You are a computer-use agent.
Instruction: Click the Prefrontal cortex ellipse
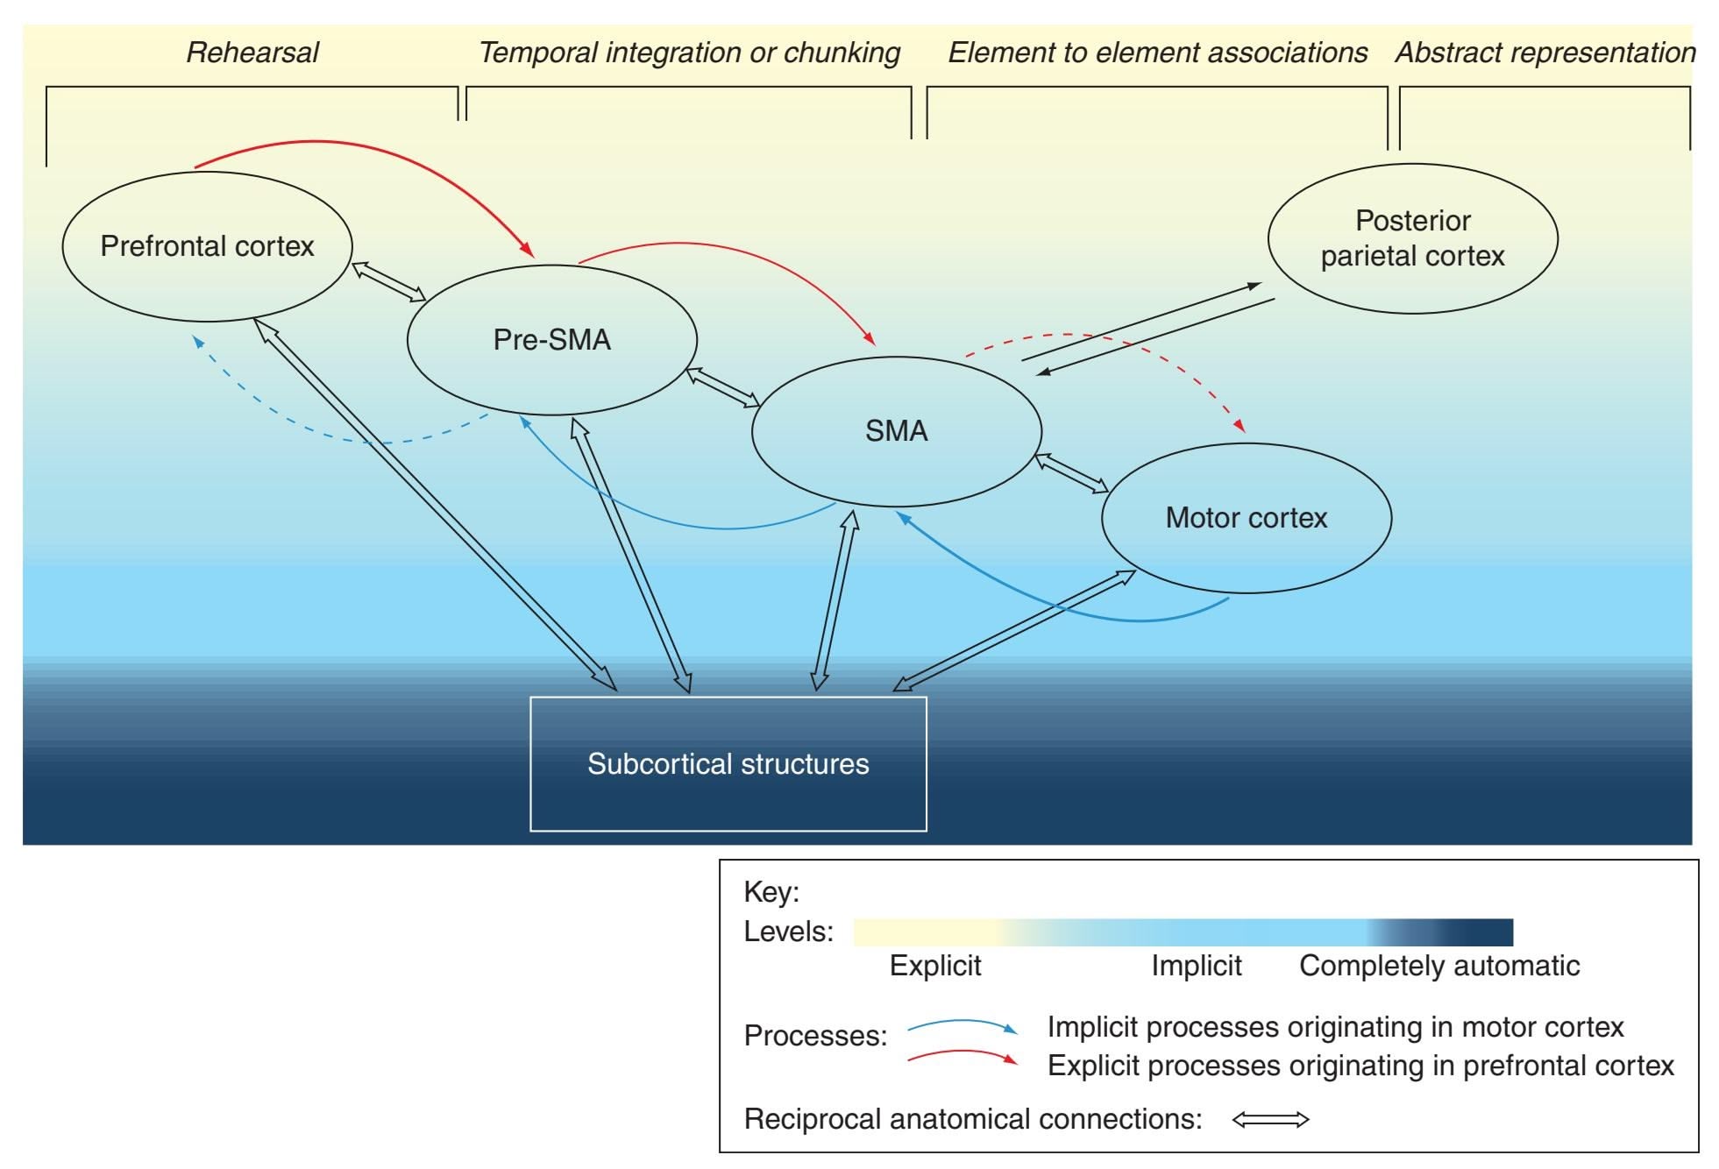point(207,246)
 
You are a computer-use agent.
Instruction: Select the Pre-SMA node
point(551,340)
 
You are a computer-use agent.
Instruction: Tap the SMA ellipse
point(896,431)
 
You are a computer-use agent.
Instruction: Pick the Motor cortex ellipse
point(1246,518)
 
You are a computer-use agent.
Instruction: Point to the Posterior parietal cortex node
point(1412,238)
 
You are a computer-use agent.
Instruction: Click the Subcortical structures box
point(728,763)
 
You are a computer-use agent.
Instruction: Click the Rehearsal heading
point(252,53)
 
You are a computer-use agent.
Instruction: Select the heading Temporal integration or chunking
point(689,53)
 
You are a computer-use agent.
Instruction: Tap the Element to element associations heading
point(1157,53)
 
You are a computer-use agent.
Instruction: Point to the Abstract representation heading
point(1545,53)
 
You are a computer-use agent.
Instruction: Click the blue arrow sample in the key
point(962,1025)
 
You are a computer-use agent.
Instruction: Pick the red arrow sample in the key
point(962,1055)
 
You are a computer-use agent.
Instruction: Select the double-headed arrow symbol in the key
point(1270,1119)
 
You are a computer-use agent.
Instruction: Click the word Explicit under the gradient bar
point(934,966)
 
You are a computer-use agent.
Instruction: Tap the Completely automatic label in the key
point(1438,966)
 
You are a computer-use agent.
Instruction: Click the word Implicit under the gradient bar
point(1196,966)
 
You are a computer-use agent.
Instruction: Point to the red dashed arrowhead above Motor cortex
point(1239,425)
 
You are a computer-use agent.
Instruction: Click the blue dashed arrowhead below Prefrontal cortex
point(199,342)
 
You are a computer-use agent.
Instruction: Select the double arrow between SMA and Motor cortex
point(1071,473)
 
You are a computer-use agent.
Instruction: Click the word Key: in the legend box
point(771,892)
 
